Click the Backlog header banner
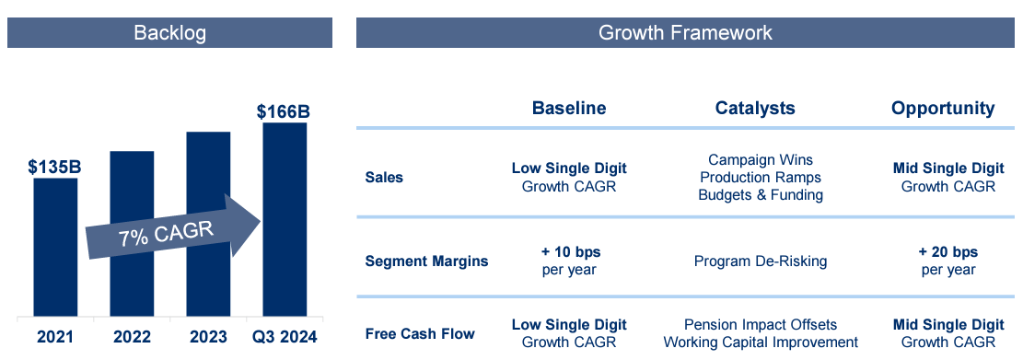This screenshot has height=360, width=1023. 169,33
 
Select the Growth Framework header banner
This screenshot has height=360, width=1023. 685,33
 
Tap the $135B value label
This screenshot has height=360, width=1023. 55,167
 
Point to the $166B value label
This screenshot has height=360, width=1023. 284,112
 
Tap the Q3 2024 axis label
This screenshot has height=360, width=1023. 284,337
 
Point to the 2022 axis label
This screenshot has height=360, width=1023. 132,337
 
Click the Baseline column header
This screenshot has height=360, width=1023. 569,108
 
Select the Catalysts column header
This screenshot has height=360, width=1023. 755,108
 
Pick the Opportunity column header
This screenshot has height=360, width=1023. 943,108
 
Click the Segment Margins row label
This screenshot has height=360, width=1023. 426,261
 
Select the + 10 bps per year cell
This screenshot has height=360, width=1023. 569,261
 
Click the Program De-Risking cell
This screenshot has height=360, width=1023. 761,261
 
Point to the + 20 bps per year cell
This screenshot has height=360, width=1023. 948,261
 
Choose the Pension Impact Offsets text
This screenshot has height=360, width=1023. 761,324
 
